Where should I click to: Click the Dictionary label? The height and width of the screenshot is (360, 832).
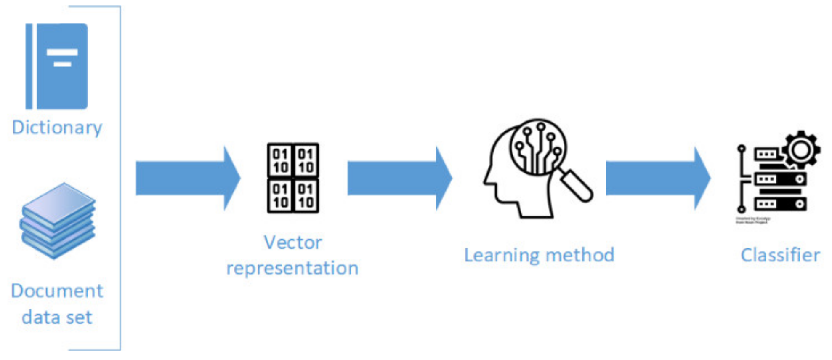tap(57, 127)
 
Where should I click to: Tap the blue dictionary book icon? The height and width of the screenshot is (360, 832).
tap(57, 66)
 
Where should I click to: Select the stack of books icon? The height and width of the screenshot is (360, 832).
tap(58, 221)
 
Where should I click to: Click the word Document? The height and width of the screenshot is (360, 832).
tap(57, 291)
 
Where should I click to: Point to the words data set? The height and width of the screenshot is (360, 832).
tap(57, 317)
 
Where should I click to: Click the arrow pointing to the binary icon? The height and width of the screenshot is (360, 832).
tap(187, 178)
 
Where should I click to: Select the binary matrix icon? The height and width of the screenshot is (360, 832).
tap(293, 178)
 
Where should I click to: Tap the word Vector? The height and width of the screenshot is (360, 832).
tap(293, 243)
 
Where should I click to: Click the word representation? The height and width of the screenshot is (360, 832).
tap(292, 268)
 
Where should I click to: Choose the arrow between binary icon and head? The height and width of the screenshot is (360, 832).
tap(399, 178)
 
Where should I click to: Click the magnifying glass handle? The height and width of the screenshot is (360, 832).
tap(577, 185)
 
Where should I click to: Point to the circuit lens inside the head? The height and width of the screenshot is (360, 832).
tap(538, 147)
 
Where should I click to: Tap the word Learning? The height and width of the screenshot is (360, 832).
tap(501, 255)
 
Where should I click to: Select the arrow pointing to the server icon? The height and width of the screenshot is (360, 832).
tap(658, 178)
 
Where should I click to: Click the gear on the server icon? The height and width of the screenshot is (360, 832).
tap(800, 150)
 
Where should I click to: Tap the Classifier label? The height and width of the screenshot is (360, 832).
tap(780, 255)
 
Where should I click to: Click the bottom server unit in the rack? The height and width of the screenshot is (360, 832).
tap(781, 204)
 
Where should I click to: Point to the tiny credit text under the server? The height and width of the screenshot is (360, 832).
tap(753, 220)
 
